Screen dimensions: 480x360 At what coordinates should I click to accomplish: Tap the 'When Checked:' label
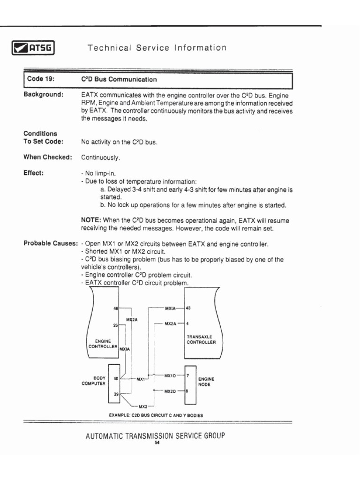47,157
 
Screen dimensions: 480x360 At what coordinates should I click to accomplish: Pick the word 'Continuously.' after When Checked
100,157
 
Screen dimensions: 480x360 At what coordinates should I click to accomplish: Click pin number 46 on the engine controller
116,308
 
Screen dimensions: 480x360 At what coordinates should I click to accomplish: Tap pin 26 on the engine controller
116,325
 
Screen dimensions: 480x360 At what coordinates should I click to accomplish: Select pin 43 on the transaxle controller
189,308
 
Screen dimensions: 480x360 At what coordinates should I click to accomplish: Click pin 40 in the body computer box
115,378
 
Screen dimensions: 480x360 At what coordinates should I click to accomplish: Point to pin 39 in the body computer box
115,394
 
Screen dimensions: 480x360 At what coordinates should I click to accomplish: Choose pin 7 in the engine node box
187,376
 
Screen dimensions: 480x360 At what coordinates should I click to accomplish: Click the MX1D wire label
170,376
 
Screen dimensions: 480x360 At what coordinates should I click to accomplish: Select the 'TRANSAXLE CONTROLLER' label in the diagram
201,339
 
